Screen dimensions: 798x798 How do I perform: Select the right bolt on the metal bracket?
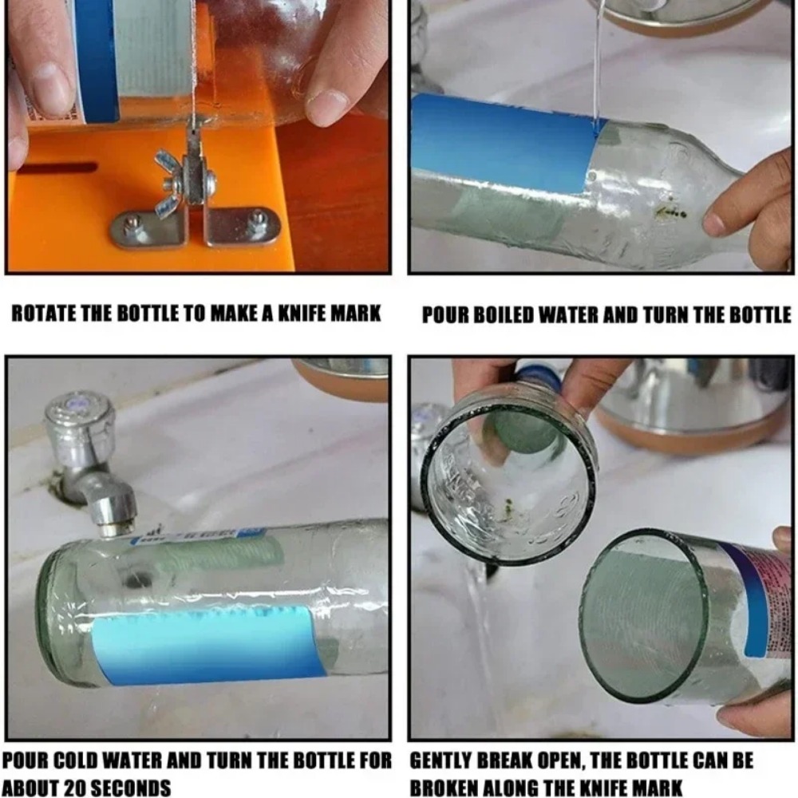[257, 223]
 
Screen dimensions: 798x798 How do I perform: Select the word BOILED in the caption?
[522, 314]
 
